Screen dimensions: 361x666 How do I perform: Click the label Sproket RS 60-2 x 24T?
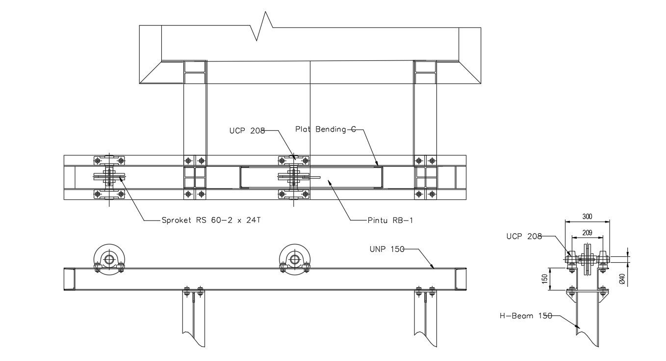(211, 220)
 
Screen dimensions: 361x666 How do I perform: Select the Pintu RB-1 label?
(390, 220)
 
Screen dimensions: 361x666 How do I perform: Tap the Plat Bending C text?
(325, 129)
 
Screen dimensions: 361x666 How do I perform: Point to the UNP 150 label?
(386, 249)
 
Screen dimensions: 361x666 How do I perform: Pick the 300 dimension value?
(587, 216)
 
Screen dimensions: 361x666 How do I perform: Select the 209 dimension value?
(587, 232)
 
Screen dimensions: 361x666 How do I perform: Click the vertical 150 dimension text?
(544, 279)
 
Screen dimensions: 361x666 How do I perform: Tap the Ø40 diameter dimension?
(621, 279)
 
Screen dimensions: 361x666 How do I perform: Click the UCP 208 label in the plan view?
(247, 131)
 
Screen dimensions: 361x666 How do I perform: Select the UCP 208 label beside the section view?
(524, 237)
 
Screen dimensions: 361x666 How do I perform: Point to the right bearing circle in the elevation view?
(295, 259)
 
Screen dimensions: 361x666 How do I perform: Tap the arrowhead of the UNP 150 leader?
(434, 269)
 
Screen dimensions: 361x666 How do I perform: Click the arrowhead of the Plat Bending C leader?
(378, 165)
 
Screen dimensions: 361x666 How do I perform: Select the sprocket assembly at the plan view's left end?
(109, 177)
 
